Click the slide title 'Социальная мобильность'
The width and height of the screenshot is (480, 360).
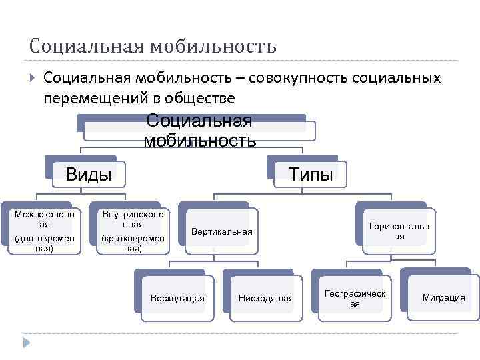(153, 46)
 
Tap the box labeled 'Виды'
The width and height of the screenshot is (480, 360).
(88, 175)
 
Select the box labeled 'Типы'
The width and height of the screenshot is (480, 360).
(310, 175)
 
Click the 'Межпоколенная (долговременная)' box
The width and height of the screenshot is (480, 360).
(45, 231)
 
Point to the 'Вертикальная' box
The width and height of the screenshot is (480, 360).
(221, 231)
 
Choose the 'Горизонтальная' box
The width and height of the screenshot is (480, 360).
(399, 231)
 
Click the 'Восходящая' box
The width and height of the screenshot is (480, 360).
(177, 298)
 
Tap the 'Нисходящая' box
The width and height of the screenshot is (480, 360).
(266, 298)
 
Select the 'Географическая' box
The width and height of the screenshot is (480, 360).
(355, 298)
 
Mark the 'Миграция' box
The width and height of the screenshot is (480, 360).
(443, 298)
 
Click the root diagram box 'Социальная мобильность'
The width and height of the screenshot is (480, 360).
(199, 131)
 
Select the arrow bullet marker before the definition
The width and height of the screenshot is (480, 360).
(31, 78)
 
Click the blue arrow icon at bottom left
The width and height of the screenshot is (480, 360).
(27, 343)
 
